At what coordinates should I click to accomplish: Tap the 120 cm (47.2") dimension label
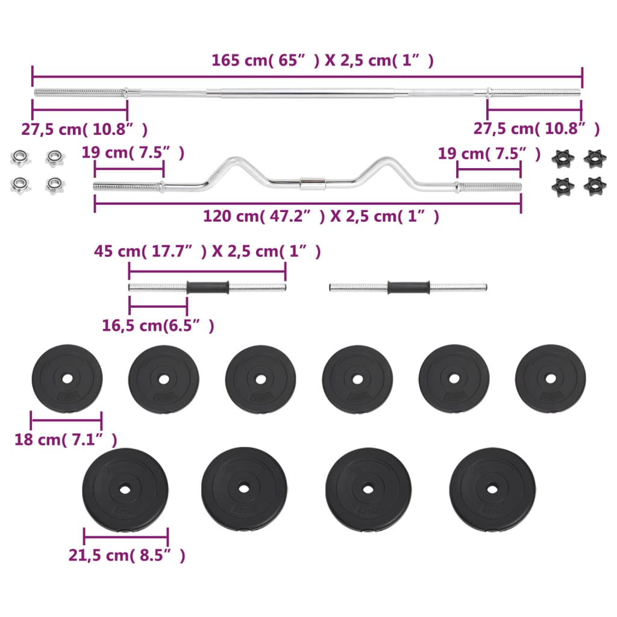[321, 216]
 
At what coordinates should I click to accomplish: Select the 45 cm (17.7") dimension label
[207, 251]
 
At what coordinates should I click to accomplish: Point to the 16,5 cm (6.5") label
[158, 325]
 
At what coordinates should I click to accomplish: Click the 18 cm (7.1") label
[66, 440]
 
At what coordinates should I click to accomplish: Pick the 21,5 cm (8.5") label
[127, 555]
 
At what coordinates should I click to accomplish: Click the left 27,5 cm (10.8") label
[84, 129]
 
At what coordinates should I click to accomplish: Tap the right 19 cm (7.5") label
[489, 154]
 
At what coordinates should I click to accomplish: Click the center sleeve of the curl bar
[311, 181]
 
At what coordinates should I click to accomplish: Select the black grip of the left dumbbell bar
[208, 287]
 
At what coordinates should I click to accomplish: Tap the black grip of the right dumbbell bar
[409, 287]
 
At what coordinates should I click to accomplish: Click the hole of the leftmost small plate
[67, 379]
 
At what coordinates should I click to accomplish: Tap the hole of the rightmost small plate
[551, 379]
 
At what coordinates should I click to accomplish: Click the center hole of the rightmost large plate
[492, 489]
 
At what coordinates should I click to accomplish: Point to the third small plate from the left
[261, 379]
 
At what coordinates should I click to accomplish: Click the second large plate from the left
[245, 489]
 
